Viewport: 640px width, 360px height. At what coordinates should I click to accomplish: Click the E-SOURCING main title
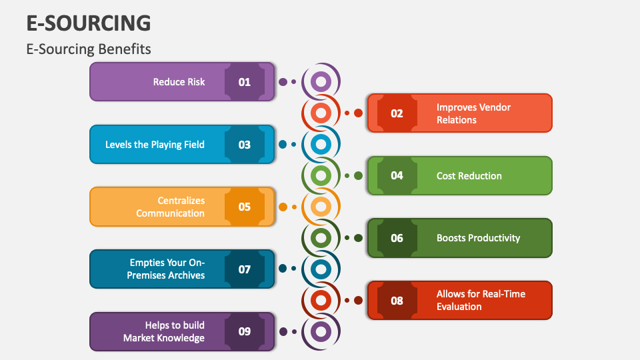(88, 23)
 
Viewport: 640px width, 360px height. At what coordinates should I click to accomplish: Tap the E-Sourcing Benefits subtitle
(88, 49)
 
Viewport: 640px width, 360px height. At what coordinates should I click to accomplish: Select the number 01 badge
(245, 82)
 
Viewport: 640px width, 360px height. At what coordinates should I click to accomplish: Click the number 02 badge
(397, 113)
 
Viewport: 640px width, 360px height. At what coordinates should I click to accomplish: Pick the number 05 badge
(245, 207)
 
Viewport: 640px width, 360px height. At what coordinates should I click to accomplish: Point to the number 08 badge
(397, 301)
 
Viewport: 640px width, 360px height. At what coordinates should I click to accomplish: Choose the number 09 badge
(245, 331)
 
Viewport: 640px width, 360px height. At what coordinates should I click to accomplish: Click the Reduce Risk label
(179, 82)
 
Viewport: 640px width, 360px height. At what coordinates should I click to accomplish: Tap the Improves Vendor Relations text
(473, 113)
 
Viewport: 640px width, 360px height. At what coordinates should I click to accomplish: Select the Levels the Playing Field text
(155, 145)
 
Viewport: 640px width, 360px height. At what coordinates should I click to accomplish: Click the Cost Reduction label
(469, 176)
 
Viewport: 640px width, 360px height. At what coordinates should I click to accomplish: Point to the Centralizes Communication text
(171, 207)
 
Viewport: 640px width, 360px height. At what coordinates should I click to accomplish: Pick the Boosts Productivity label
(478, 238)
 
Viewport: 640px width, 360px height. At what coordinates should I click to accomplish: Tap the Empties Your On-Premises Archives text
(167, 269)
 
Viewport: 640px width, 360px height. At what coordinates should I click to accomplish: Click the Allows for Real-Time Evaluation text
(481, 301)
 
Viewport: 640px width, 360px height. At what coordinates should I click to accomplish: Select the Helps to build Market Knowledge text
(164, 331)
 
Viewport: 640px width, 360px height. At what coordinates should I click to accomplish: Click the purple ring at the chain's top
(321, 82)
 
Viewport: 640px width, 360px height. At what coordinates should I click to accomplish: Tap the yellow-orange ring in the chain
(321, 207)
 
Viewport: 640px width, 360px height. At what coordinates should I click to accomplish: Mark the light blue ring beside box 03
(321, 145)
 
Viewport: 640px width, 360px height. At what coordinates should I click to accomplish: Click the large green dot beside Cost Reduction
(358, 176)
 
